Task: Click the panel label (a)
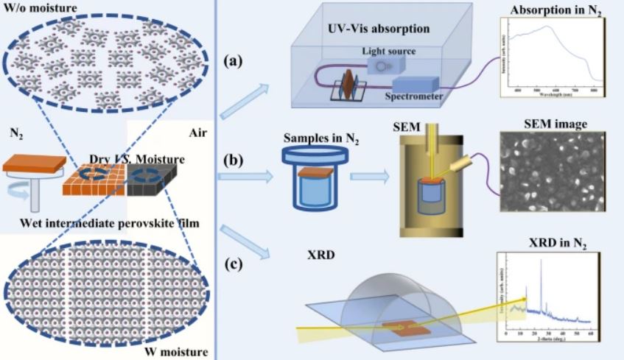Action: coord(236,62)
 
